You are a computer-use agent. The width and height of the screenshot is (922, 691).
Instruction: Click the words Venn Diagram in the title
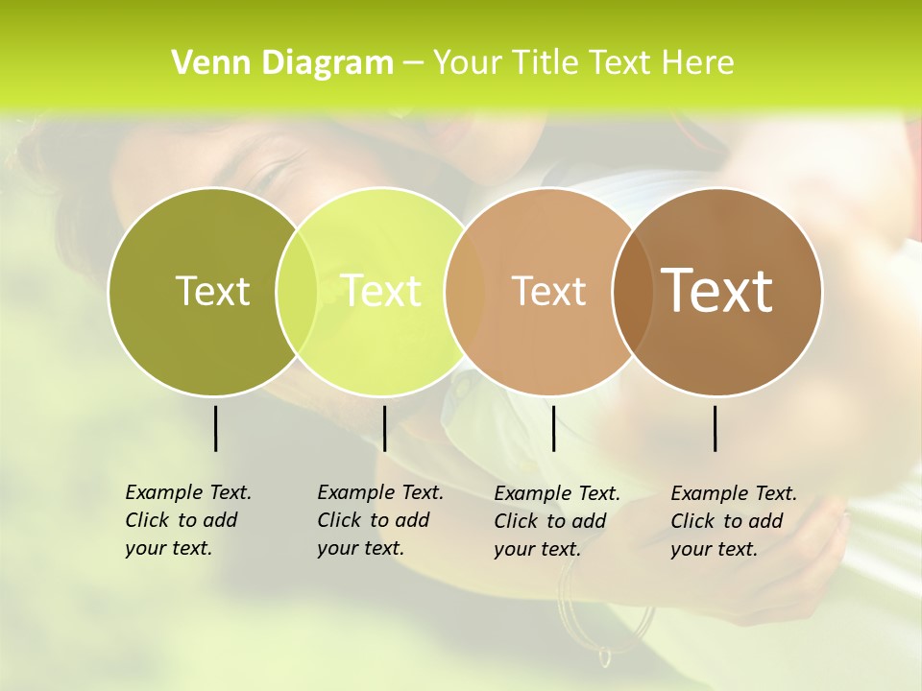[282, 62]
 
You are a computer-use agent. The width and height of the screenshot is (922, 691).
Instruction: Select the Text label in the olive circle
[212, 291]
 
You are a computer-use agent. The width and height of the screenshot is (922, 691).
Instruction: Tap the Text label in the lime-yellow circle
[381, 291]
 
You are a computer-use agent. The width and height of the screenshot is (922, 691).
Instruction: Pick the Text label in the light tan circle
[548, 291]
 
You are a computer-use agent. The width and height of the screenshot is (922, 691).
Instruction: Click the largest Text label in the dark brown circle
[717, 291]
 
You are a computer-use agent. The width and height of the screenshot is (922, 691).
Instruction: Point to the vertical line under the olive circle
[215, 428]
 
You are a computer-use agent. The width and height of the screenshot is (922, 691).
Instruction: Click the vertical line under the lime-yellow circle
[384, 428]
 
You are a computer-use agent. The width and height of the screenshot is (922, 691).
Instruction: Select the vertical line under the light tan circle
[553, 428]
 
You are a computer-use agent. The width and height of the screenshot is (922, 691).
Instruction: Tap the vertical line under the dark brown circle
[716, 428]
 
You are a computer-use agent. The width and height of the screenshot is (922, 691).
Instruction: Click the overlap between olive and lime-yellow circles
[297, 291]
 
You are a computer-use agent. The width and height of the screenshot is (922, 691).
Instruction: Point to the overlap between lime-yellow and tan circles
[465, 291]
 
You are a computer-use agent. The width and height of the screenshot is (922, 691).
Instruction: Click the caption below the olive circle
[188, 520]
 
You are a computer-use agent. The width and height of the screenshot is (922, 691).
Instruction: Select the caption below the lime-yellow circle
[380, 520]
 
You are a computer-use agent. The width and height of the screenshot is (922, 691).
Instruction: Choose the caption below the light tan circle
[557, 521]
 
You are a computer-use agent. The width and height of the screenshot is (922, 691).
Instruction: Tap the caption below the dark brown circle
[734, 521]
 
